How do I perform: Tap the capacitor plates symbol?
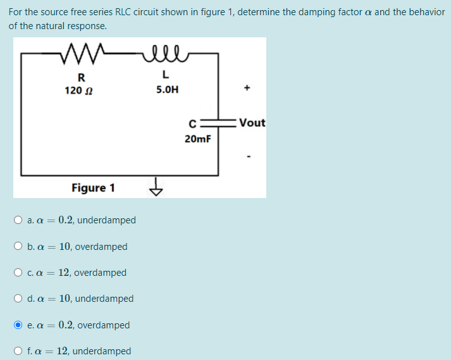pos(219,123)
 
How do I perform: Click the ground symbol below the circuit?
pos(156,188)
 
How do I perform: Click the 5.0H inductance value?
pos(167,90)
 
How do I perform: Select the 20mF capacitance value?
pos(198,138)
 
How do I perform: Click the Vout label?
pos(252,123)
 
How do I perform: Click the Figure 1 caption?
pos(93,188)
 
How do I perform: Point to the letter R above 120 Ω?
pos(80,78)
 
